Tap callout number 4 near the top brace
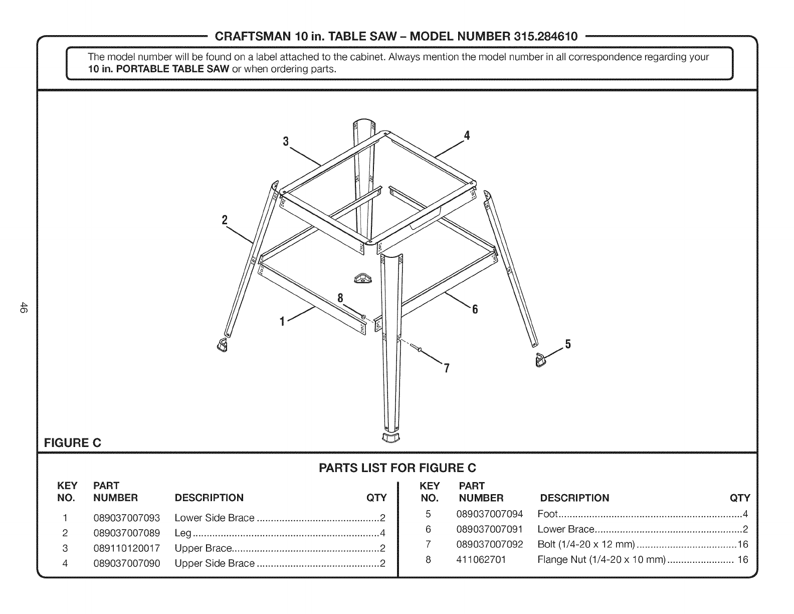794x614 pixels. (x=467, y=135)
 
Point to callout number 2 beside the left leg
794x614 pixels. (x=225, y=220)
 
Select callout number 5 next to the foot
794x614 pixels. (x=568, y=344)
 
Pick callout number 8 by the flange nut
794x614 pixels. (x=340, y=298)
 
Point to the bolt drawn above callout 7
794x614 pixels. (x=416, y=348)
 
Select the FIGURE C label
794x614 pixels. (x=73, y=443)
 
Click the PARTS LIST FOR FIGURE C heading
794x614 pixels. (x=397, y=468)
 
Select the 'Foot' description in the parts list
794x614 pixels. (x=547, y=514)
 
